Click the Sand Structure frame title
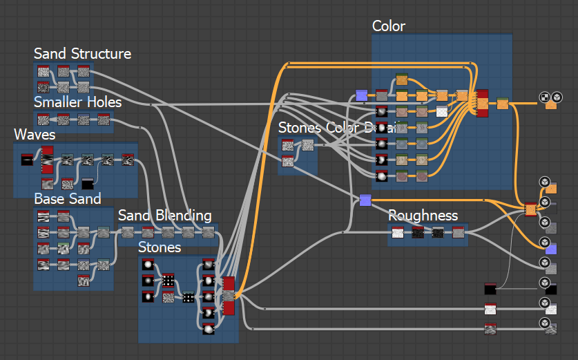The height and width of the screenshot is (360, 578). [x=82, y=54]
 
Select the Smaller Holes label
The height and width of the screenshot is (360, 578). [x=77, y=103]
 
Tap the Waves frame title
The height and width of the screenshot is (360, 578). [x=35, y=135]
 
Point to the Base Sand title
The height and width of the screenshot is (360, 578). [x=68, y=199]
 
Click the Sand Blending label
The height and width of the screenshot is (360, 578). [x=164, y=216]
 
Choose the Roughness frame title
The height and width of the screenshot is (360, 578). [x=423, y=216]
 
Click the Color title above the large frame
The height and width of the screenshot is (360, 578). [x=388, y=26]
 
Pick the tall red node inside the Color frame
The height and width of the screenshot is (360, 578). [x=482, y=103]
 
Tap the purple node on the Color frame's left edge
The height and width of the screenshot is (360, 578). [x=361, y=95]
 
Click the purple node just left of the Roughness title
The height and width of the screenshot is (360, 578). [x=365, y=200]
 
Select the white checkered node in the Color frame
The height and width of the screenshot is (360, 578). [x=442, y=111]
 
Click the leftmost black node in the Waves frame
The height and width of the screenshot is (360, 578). [x=27, y=160]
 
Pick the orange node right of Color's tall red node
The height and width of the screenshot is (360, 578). [x=503, y=104]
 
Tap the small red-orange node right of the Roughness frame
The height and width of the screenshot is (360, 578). [x=530, y=209]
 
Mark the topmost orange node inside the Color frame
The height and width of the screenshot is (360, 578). [x=401, y=80]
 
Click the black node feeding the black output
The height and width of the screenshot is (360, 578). [x=490, y=289]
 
